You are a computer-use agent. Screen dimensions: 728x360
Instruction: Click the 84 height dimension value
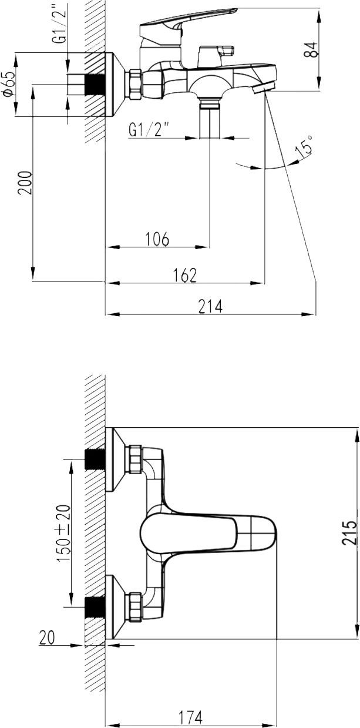click(x=312, y=49)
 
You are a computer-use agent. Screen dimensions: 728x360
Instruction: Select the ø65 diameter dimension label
click(x=8, y=85)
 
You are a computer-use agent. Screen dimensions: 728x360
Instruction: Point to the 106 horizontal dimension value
click(x=156, y=239)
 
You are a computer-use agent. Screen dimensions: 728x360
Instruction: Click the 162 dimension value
click(x=184, y=274)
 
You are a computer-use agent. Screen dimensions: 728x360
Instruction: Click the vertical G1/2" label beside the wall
click(x=59, y=29)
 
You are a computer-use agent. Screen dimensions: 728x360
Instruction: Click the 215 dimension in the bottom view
click(x=349, y=532)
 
